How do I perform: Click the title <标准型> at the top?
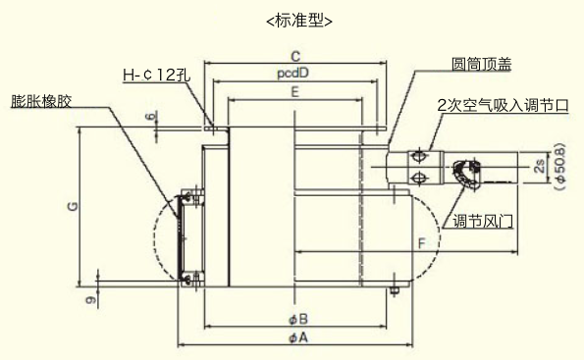299,21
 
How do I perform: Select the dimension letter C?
295,57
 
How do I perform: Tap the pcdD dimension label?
293,74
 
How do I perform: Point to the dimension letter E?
295,92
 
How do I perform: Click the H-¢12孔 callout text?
156,76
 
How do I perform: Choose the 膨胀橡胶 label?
41,101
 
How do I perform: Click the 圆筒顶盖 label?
481,65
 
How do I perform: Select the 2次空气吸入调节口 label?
503,106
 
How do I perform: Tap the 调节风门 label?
483,222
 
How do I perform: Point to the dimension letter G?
74,206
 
